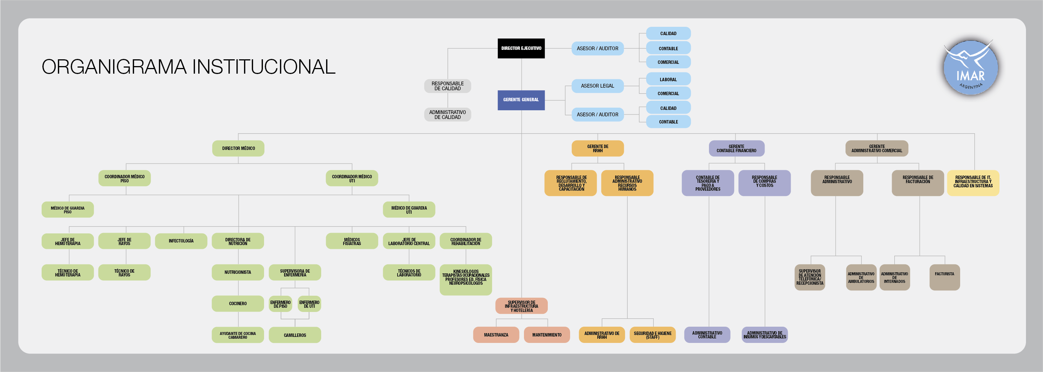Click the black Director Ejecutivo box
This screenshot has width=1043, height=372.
pyautogui.click(x=521, y=48)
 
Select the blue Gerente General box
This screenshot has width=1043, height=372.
pyautogui.click(x=521, y=100)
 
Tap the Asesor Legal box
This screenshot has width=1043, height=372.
pyautogui.click(x=597, y=86)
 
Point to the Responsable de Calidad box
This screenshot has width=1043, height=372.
pyautogui.click(x=448, y=86)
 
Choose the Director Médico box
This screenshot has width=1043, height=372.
pyautogui.click(x=238, y=148)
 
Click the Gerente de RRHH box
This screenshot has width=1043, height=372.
pyautogui.click(x=598, y=148)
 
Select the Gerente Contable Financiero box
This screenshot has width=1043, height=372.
pyautogui.click(x=737, y=148)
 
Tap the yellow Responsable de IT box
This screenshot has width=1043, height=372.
pyautogui.click(x=973, y=183)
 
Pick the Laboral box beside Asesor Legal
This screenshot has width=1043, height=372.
pyautogui.click(x=668, y=80)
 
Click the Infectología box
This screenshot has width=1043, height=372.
pyautogui.click(x=181, y=241)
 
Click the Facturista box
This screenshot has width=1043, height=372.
pyautogui.click(x=945, y=277)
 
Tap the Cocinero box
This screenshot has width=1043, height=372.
pyautogui.click(x=238, y=304)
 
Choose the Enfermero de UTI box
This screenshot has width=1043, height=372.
pyautogui.click(x=309, y=304)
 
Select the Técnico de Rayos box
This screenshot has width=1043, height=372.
pyautogui.click(x=124, y=273)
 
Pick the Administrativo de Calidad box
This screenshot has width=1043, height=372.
pyautogui.click(x=448, y=115)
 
